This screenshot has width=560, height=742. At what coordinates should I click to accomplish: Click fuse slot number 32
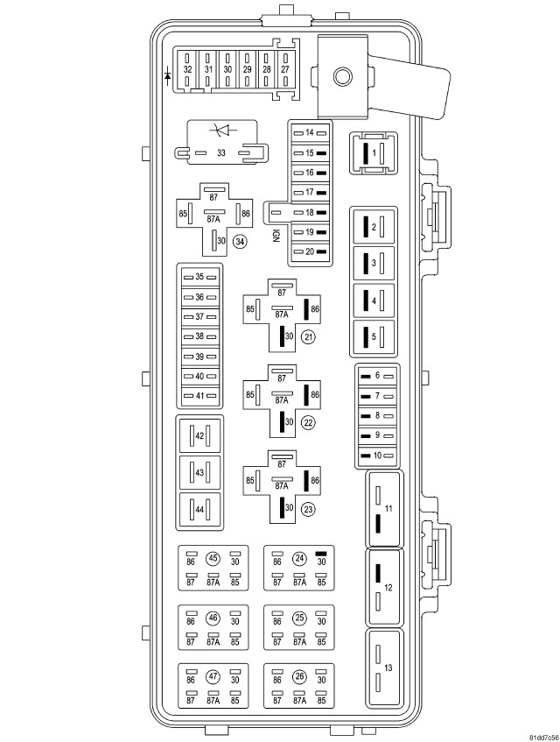(x=187, y=69)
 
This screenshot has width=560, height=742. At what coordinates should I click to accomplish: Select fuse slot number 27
(x=285, y=69)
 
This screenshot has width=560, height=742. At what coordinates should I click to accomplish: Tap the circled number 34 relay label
(x=241, y=241)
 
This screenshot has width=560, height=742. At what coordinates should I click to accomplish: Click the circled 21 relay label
(x=309, y=337)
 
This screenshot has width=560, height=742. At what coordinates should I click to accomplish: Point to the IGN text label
(x=276, y=236)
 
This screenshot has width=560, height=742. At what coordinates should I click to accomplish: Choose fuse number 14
(x=310, y=133)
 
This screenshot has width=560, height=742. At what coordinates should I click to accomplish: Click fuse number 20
(x=310, y=251)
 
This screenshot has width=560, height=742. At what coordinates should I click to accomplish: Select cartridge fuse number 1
(x=374, y=153)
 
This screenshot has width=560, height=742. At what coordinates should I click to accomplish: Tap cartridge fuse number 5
(x=374, y=337)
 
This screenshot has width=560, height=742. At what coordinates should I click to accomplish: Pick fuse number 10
(x=377, y=456)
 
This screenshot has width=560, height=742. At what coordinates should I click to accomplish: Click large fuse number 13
(x=385, y=668)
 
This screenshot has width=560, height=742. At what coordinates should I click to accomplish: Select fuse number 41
(x=199, y=396)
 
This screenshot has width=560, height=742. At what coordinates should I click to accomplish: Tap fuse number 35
(x=199, y=277)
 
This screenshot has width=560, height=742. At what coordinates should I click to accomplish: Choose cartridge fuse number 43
(x=199, y=473)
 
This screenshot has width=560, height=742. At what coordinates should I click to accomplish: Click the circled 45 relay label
(x=213, y=558)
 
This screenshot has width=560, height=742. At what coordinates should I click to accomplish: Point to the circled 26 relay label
(x=299, y=676)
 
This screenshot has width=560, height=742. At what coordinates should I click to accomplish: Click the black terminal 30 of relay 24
(x=321, y=553)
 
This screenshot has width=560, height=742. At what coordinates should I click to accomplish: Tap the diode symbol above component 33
(x=222, y=130)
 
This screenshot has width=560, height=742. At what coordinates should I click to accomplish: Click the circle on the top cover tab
(x=342, y=76)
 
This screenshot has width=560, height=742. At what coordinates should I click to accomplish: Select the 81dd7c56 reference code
(x=543, y=738)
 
